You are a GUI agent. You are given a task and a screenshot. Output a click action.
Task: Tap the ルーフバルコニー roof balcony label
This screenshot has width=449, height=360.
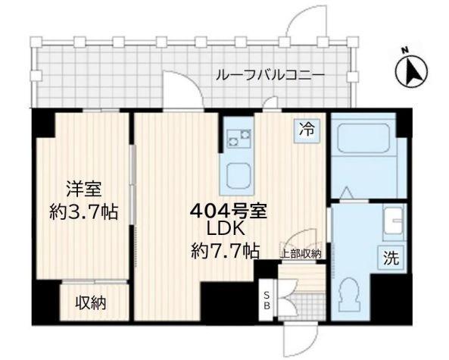pos(270,76)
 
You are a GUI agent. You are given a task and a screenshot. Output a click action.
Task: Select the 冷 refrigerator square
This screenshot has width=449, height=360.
pos(307,130)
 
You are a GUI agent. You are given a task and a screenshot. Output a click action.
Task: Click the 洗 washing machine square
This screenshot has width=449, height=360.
pos(391,256)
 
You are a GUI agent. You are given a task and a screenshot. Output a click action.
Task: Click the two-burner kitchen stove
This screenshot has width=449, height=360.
pos(240,137)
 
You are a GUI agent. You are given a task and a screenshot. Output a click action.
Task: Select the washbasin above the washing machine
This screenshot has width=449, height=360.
pos(393,223)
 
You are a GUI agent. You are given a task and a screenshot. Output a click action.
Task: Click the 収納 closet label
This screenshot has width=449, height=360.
pos(90,303)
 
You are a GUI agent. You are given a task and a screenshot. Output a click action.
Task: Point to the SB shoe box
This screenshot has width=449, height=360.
pos(267,300)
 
